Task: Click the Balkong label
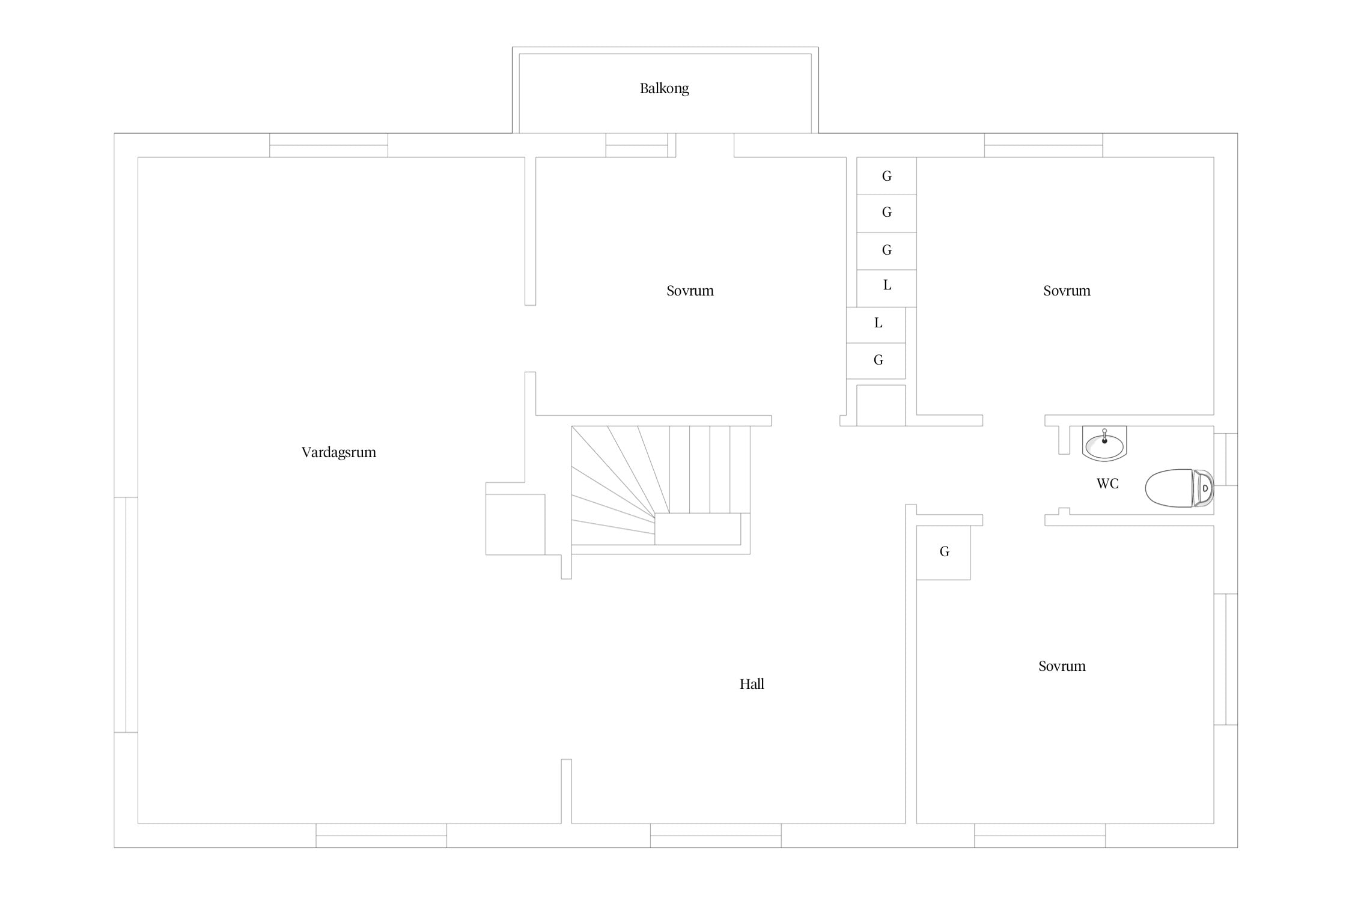click(x=664, y=88)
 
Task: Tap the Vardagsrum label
click(x=339, y=452)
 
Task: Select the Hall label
click(x=752, y=684)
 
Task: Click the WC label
click(x=1107, y=484)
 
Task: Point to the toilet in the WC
click(x=1179, y=488)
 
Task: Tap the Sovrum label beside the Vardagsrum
click(x=690, y=291)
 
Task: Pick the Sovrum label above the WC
click(x=1067, y=291)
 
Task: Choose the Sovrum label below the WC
click(x=1062, y=666)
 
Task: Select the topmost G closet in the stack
click(x=886, y=176)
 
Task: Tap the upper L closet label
click(x=887, y=285)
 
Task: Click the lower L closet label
click(x=878, y=323)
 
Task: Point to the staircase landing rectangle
click(x=698, y=529)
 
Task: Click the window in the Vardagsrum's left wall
click(x=126, y=614)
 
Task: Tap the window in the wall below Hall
click(x=716, y=836)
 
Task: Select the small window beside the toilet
click(x=1226, y=459)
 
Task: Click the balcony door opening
click(x=705, y=145)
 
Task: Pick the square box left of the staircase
click(x=516, y=524)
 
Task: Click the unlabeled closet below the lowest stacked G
click(x=881, y=405)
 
